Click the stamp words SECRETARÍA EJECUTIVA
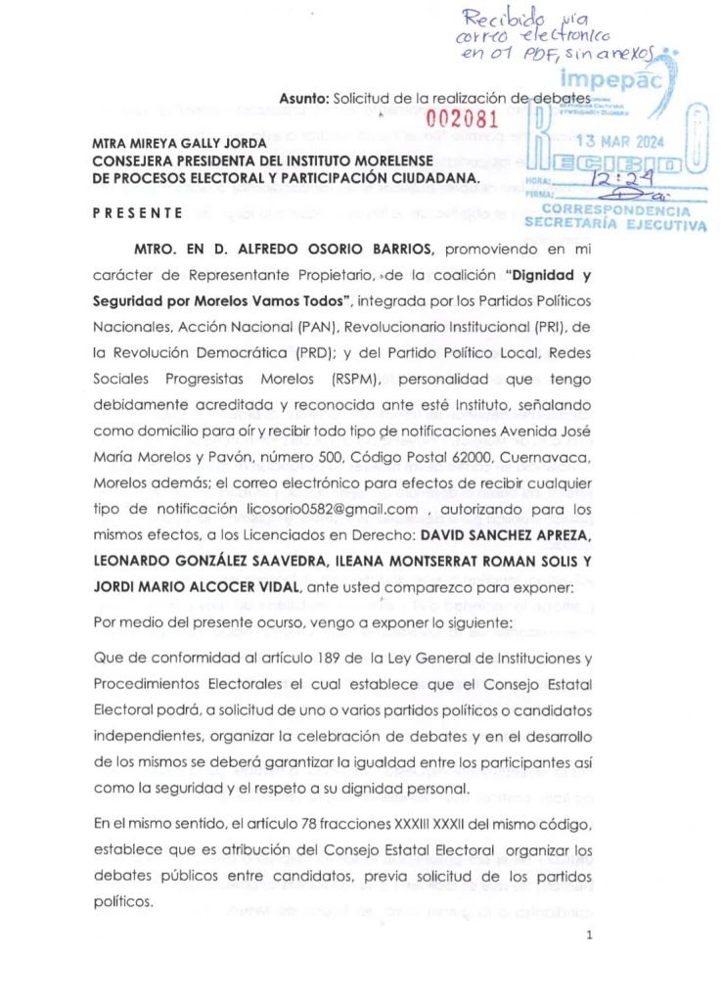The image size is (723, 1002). tap(614, 223)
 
